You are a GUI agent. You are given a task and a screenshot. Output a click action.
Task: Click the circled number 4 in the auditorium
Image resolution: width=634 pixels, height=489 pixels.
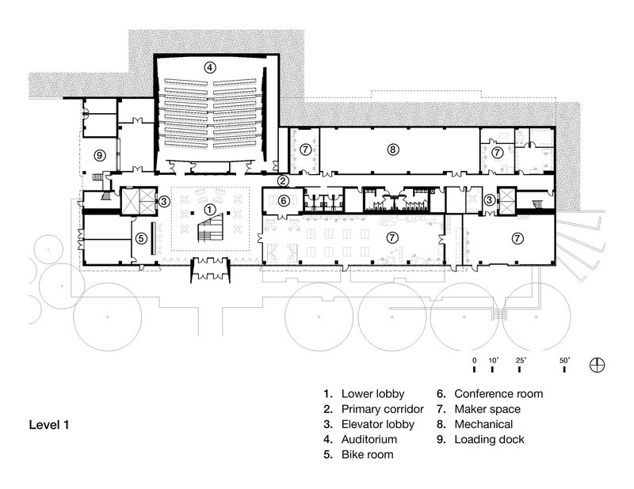pos(209,68)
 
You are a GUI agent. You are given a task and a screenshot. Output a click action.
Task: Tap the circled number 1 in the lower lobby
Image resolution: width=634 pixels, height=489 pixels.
pos(209,210)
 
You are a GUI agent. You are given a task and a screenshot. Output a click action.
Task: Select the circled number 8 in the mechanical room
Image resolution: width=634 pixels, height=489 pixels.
pos(391,148)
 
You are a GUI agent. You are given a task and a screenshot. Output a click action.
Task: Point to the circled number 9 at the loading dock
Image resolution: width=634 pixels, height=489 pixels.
pos(100,154)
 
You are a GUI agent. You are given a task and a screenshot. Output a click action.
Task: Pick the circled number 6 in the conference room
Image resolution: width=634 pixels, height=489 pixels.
pos(283,201)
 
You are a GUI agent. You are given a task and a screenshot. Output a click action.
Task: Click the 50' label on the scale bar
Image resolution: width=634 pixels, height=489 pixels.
pos(566,360)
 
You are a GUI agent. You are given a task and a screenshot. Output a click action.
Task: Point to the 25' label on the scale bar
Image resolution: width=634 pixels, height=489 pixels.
pos(521,360)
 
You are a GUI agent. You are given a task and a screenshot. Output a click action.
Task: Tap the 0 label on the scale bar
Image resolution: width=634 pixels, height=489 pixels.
pos(473,360)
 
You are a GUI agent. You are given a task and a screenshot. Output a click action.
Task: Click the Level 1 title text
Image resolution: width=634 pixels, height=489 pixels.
pos(50,425)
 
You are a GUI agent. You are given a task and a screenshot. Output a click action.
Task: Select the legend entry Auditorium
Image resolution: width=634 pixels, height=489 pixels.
pos(369,439)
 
